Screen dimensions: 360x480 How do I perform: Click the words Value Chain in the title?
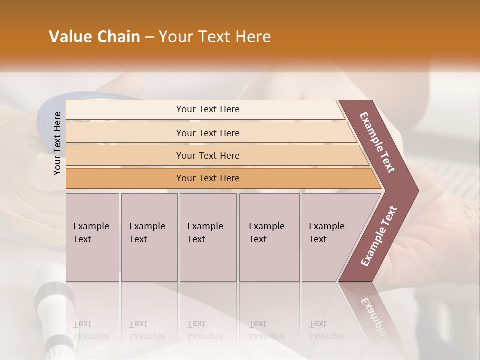94,37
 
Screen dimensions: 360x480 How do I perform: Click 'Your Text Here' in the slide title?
215,37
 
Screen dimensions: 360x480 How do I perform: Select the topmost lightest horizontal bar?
207,109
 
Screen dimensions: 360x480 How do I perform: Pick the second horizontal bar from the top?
207,133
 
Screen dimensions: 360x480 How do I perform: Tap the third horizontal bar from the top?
207,155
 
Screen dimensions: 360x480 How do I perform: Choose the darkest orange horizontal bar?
207,178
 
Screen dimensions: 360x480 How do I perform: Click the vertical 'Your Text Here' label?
57,143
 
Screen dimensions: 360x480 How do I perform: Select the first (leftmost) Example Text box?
92,237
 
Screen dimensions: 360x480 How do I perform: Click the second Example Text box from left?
149,237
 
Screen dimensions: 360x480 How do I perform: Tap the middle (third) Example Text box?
208,237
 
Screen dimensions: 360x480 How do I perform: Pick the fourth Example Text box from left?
269,237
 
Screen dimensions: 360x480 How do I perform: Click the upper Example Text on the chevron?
377,142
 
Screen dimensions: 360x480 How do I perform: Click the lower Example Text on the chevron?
379,236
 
